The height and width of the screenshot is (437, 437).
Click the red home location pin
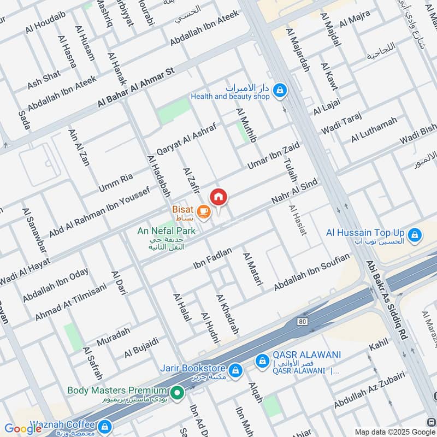tap(218, 197)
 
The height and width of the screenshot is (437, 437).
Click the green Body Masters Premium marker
tap(176, 392)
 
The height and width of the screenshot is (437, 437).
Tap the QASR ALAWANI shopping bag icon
tap(263, 361)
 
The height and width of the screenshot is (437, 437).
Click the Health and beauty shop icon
tap(280, 90)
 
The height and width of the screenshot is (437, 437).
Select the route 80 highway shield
tap(303, 322)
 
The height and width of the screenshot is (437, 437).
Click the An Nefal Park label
tap(167, 231)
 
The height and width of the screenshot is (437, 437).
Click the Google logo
tap(23, 428)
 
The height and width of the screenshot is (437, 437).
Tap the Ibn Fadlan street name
tap(212, 257)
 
